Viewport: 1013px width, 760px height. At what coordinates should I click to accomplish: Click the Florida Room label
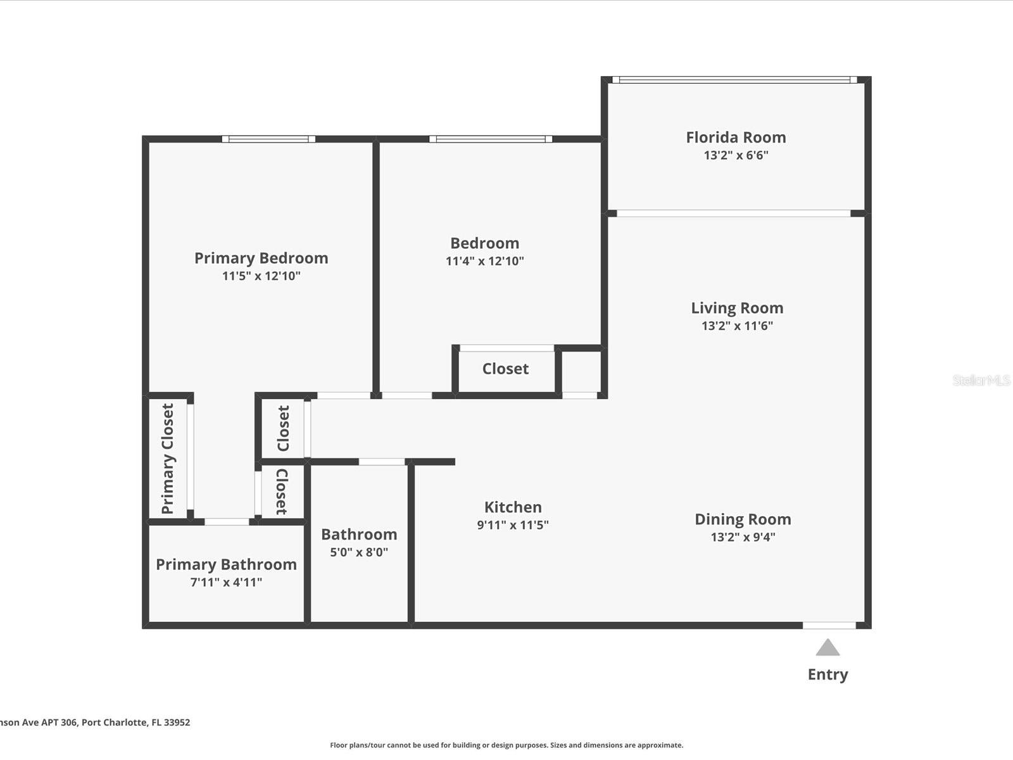pos(736,137)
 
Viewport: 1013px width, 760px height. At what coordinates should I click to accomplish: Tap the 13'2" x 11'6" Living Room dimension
pos(737,326)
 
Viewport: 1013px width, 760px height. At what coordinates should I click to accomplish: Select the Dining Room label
pos(743,519)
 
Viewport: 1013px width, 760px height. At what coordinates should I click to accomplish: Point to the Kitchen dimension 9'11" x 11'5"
pos(512,524)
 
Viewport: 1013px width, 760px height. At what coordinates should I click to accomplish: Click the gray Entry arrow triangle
pos(827,648)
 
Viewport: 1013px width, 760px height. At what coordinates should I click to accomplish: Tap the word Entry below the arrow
pos(827,674)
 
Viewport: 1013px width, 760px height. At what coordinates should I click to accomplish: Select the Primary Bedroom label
pos(261,258)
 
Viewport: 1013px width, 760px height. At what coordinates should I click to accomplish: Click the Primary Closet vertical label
pos(167,459)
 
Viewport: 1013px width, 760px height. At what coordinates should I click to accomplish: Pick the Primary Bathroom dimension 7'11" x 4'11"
pos(226,582)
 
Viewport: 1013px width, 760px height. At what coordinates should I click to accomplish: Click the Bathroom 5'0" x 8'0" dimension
pos(358,552)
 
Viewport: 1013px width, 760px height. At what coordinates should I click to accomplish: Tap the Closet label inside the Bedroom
pos(505,369)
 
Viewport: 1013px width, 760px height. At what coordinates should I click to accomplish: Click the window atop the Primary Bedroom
pos(268,139)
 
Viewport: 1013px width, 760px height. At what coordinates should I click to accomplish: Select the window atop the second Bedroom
pos(490,139)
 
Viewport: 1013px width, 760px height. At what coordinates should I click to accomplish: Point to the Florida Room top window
pos(734,80)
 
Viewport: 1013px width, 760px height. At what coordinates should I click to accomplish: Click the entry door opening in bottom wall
pos(829,626)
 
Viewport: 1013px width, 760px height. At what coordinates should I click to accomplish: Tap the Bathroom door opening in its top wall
pos(382,462)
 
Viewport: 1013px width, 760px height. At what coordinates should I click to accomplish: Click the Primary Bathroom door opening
pos(227,522)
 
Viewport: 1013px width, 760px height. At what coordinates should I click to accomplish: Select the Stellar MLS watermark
pos(981,380)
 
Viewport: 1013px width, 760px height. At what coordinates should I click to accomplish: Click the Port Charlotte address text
pos(95,722)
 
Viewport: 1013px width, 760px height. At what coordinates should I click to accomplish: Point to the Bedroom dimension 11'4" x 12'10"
pos(484,261)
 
